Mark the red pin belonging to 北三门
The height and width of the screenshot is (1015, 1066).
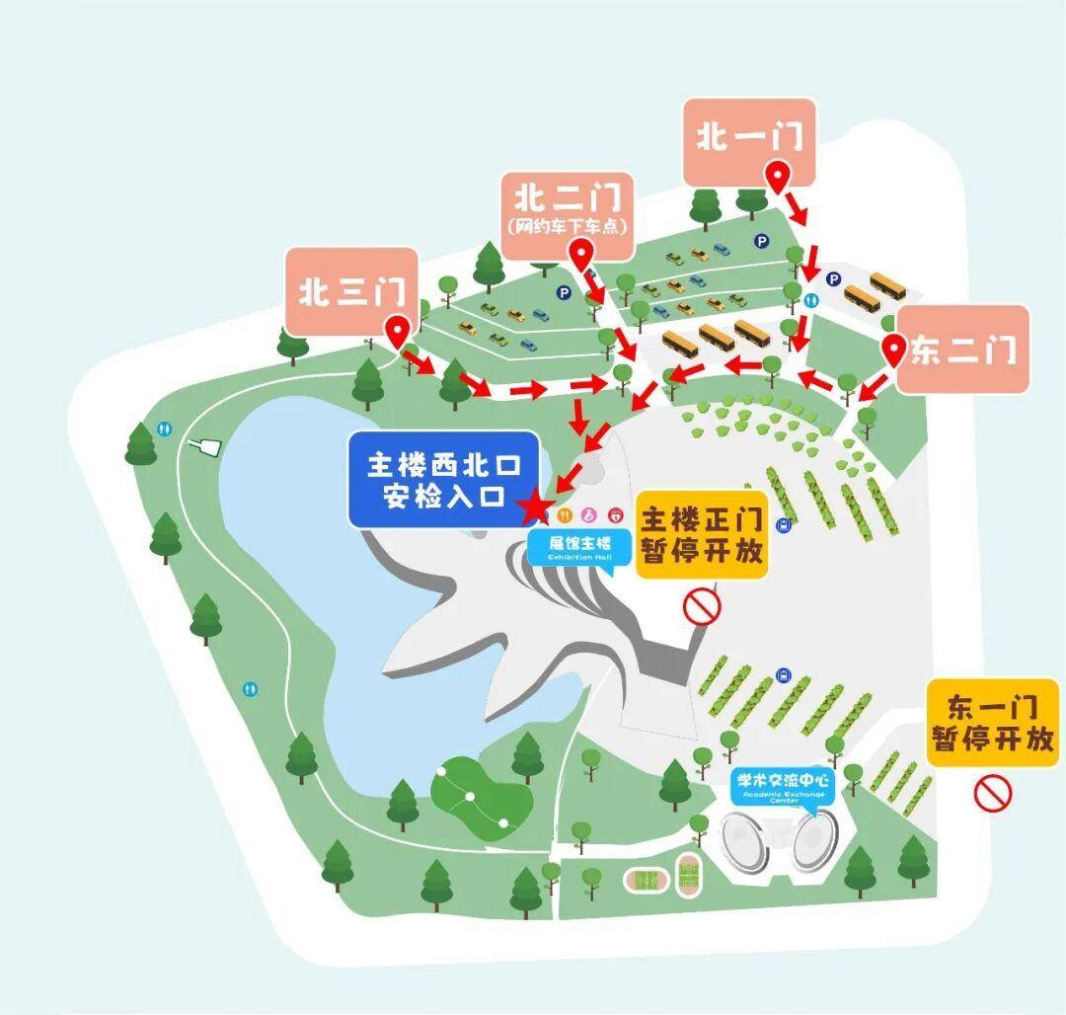(399, 333)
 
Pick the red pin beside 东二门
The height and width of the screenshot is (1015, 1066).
(894, 350)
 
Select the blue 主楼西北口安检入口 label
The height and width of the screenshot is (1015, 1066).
(443, 479)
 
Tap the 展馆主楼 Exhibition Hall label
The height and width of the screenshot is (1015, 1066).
(581, 546)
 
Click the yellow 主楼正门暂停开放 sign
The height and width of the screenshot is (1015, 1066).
(702, 535)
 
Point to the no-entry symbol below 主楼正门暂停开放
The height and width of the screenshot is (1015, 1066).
(703, 604)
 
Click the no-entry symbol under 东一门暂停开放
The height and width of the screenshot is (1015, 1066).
(994, 792)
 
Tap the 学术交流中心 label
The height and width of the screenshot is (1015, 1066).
(784, 786)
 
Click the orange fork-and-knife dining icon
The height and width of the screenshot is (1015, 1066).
(566, 513)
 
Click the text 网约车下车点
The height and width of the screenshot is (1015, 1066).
(567, 226)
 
